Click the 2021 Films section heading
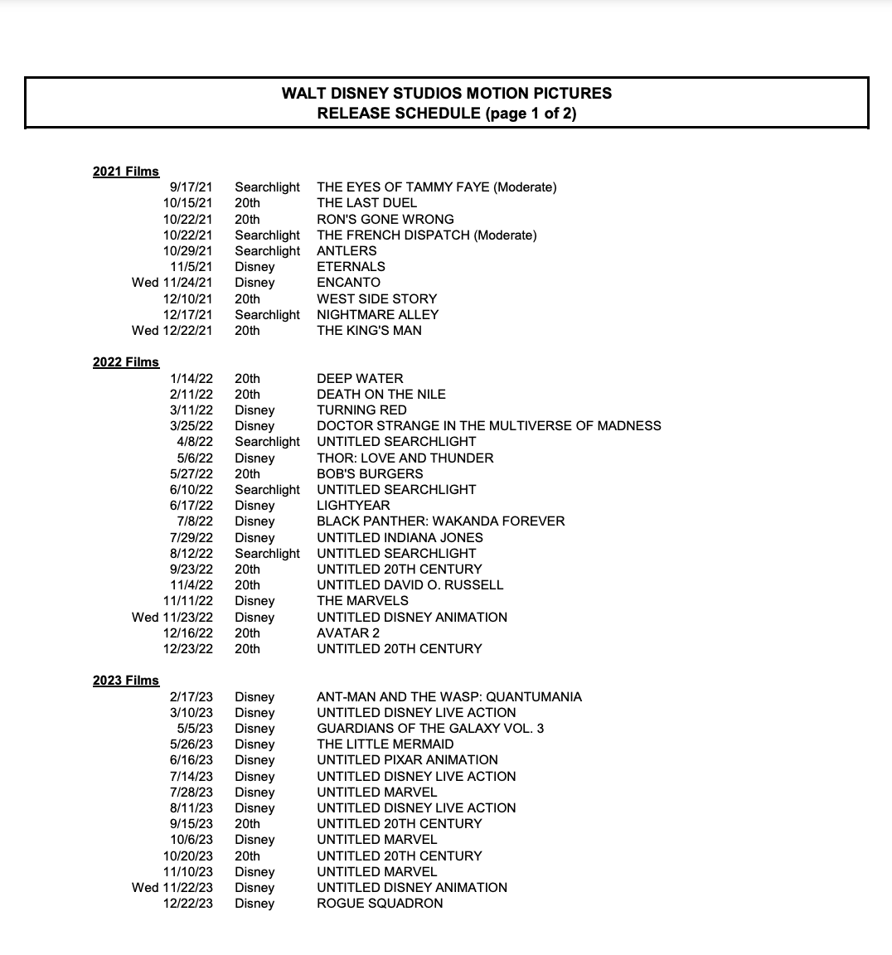coord(125,172)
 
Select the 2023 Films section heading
coord(125,681)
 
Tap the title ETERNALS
coord(351,267)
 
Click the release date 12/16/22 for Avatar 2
coord(188,633)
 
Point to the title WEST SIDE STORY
coord(376,298)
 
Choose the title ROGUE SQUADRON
coord(380,904)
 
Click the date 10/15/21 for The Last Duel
coord(188,203)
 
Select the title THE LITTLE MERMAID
coord(385,744)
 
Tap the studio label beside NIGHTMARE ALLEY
coord(267,315)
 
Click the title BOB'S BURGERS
coord(370,474)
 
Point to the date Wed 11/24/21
coord(172,283)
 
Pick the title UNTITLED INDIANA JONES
coord(400,538)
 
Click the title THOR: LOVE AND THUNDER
coord(405,458)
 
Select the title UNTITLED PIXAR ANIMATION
coord(407,760)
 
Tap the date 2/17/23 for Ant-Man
coord(191,697)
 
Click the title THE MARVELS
coord(362,601)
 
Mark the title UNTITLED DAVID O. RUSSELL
coord(410,585)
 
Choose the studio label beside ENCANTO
coord(255,283)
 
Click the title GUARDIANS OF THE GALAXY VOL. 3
coord(430,729)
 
